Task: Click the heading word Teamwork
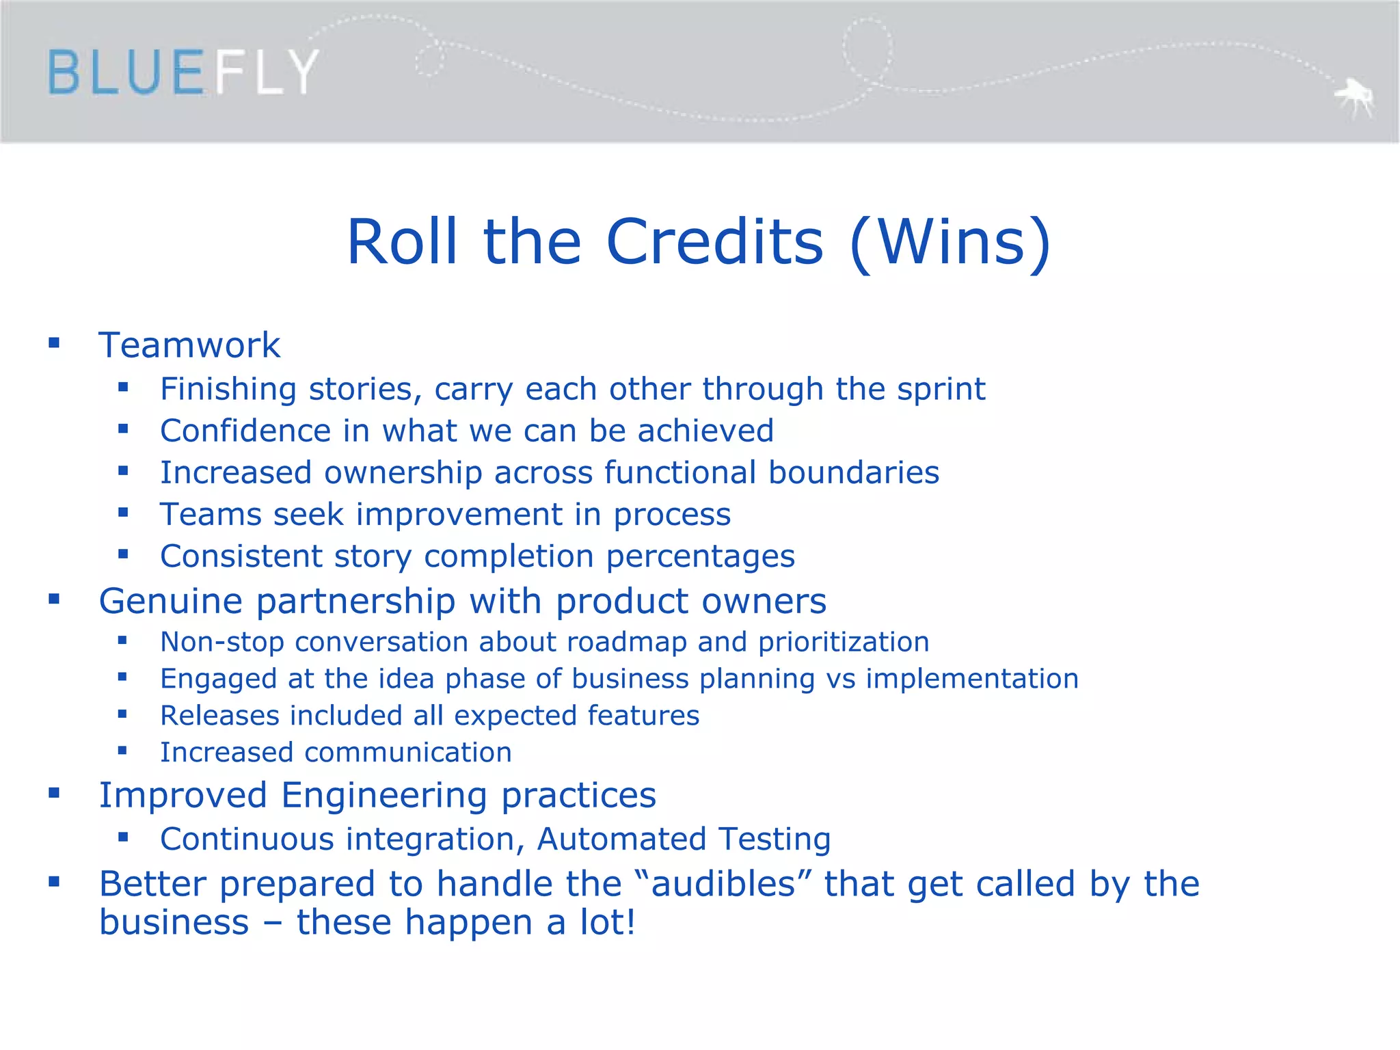tap(189, 345)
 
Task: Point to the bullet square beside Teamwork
tap(54, 342)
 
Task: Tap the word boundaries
tap(854, 472)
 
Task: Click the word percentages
tap(701, 556)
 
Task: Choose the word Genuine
tap(171, 602)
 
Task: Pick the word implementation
tap(972, 679)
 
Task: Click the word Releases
tap(219, 716)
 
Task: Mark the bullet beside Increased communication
tap(122, 751)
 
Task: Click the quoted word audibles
tap(723, 884)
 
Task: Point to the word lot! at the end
tap(608, 922)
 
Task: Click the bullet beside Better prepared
tap(54, 882)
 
